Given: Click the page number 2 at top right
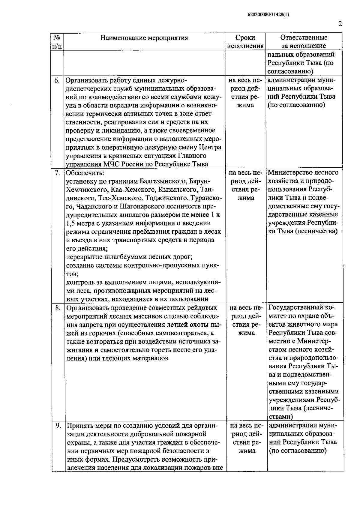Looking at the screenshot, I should point(340,24).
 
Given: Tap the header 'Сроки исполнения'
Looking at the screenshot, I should point(245,42).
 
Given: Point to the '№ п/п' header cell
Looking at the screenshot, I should point(57,42).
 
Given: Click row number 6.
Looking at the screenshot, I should point(57,80).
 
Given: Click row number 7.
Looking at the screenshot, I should point(57,173).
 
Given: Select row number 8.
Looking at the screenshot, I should point(58,308).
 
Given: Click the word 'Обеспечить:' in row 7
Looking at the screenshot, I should point(85,173).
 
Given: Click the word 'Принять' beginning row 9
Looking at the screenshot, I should point(79,426).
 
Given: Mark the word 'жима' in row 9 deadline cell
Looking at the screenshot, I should point(247,451).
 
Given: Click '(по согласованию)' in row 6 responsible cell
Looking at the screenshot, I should point(296,105).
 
